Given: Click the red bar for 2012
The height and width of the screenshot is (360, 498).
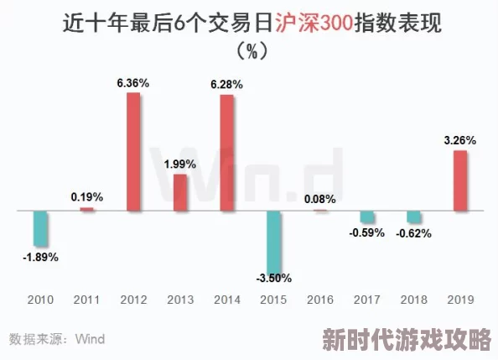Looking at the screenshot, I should pos(134,152).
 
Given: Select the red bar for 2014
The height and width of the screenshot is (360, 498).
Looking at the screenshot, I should pos(227,152).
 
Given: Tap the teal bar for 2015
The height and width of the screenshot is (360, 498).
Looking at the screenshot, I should pos(274,239).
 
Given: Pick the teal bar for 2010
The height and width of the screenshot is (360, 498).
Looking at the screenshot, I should pos(40,227).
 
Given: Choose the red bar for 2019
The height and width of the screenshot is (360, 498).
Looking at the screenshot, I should pos(460,180).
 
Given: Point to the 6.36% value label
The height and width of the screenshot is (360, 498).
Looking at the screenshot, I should pos(133,83).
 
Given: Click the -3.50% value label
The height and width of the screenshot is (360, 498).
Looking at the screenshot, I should pos(274,279).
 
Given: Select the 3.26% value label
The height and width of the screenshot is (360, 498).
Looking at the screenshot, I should pos(460,140).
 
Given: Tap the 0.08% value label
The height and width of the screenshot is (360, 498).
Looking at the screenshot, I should pos(320,199).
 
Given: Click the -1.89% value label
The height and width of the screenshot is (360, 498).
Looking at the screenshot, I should pos(40,257).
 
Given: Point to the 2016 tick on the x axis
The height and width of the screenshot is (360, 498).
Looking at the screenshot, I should pos(320,299).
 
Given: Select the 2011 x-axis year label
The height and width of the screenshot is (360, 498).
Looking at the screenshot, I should pos(87,299).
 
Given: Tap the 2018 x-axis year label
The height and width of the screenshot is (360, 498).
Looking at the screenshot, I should pos(413,299).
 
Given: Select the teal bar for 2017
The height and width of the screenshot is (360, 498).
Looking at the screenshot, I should pos(367,217).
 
